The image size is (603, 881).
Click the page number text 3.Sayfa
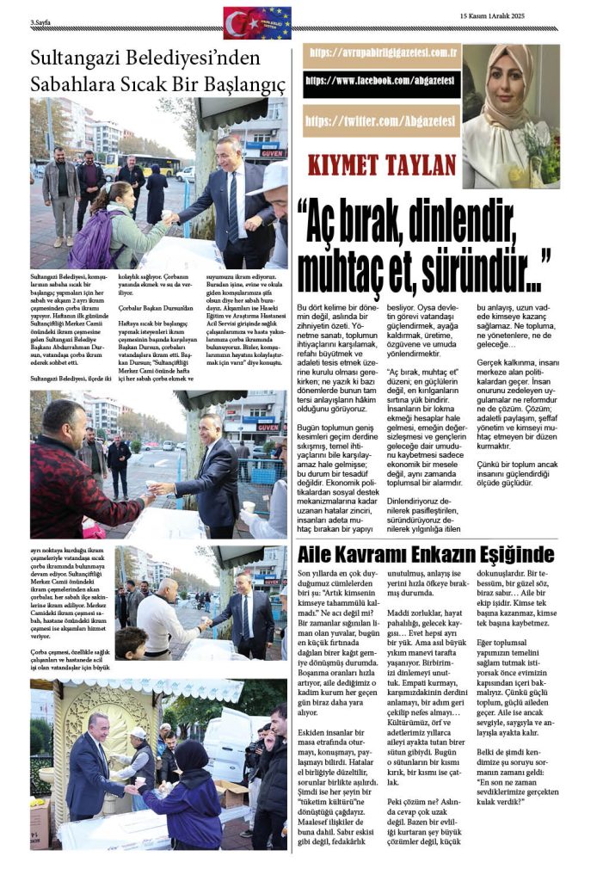pos(42,20)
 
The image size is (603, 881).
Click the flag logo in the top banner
pos(257,22)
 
